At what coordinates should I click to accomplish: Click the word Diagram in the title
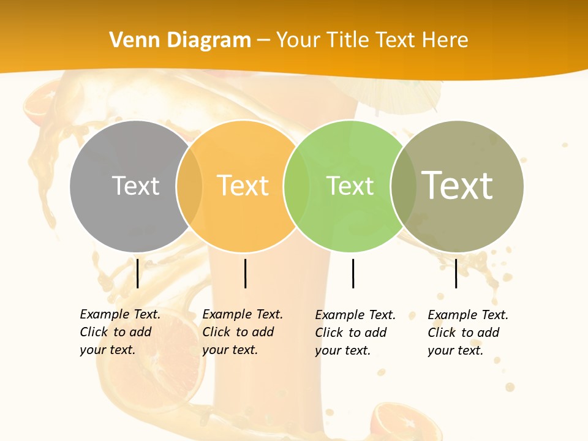[x=209, y=40]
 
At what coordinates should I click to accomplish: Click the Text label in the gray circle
[x=135, y=186]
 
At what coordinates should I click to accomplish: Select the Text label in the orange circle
[x=243, y=186]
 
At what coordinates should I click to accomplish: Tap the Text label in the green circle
[x=350, y=186]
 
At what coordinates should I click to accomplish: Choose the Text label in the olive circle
[x=458, y=186]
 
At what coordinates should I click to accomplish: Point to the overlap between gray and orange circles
[x=189, y=186]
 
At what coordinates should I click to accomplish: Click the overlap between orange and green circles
[x=296, y=186]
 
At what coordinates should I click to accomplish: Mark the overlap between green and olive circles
[x=403, y=186]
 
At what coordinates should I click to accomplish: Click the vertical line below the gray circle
[x=138, y=273]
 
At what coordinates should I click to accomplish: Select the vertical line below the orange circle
[x=245, y=273]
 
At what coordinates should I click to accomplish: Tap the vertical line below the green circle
[x=353, y=273]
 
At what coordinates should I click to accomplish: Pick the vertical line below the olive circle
[x=456, y=273]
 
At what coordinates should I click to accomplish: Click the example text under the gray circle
[x=119, y=332]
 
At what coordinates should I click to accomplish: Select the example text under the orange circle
[x=242, y=332]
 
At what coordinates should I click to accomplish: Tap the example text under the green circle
[x=355, y=333]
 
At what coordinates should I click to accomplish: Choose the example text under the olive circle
[x=467, y=333]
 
